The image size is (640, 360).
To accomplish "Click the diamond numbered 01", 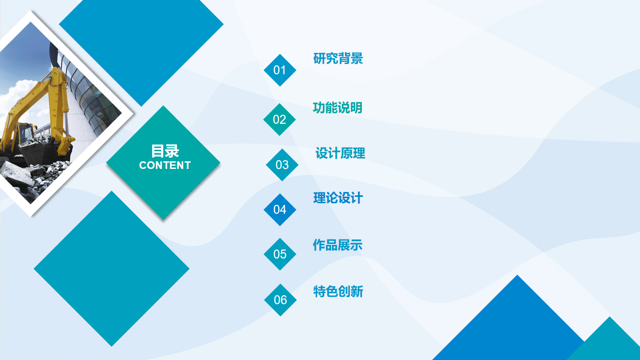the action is pos(280,70).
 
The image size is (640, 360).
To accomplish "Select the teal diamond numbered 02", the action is pos(280,120).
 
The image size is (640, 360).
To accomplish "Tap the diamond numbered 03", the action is pos(282,165).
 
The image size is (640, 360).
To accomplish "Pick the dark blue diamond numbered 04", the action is pos(280,210).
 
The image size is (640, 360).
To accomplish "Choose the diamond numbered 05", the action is pos(280,254).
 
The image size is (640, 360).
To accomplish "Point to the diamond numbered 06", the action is pos(280,300).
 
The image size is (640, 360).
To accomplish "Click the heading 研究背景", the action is pos(338,58).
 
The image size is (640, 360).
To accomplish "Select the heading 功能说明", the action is pos(338,108).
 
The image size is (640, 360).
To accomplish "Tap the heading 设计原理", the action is pos(340,153).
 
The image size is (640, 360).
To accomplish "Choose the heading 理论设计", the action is pos(338,198).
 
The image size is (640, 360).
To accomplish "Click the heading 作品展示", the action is pos(338,245).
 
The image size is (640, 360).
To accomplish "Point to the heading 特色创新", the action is pos(338,292).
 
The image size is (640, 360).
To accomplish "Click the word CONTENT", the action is pos(165,165).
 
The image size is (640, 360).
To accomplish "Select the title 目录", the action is pos(165,151).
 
